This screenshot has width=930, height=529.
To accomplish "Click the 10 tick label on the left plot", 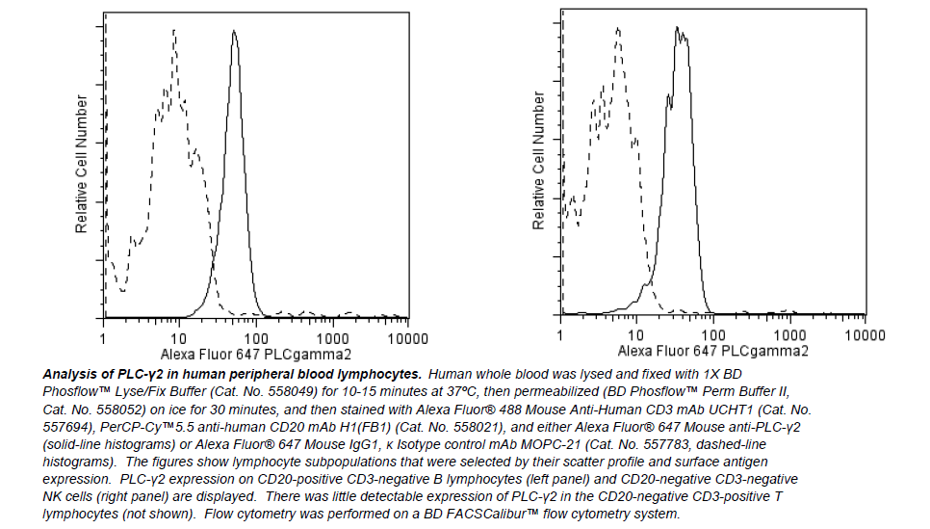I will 178,338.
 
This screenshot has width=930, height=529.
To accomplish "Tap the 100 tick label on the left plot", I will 255,338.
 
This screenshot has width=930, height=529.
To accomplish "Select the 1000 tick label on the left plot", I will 333,338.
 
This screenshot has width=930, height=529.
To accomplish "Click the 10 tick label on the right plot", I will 636,334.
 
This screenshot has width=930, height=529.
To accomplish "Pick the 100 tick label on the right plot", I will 713,334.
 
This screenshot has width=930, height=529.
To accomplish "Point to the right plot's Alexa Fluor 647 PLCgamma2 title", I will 712,351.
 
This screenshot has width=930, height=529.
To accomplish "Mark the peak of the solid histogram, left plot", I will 234,32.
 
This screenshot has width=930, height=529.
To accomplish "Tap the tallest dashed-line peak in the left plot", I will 174,31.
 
